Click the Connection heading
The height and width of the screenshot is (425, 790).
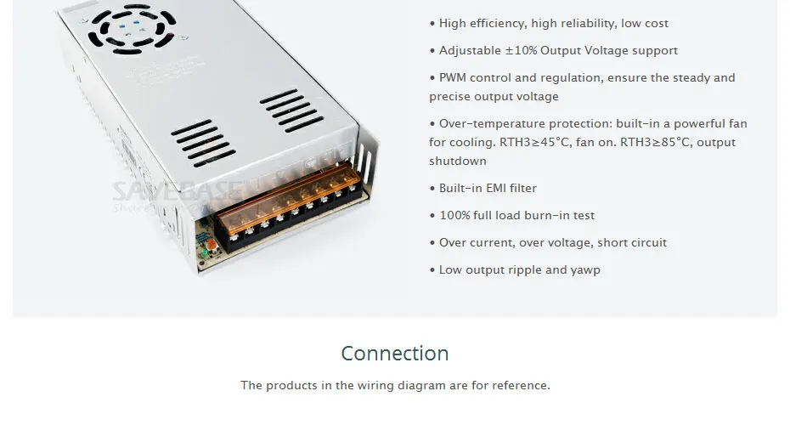click(x=395, y=353)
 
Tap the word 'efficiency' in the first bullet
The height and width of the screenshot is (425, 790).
click(x=499, y=23)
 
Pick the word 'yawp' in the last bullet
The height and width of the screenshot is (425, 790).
click(x=585, y=269)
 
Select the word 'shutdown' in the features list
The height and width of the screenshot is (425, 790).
click(x=458, y=161)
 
